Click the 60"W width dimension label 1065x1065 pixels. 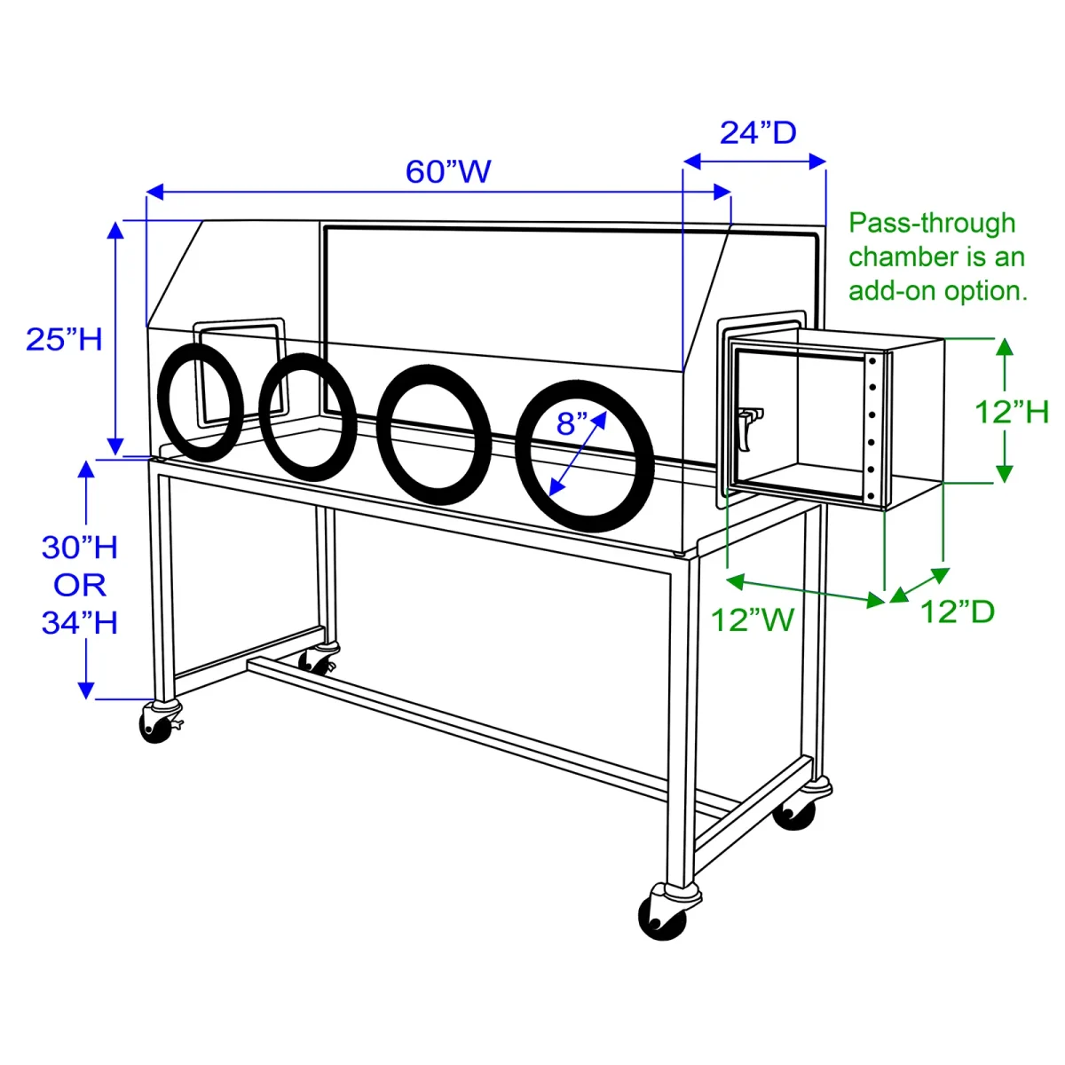(x=448, y=171)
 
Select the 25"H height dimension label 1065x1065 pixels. (x=64, y=339)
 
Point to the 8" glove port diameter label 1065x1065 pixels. (x=572, y=424)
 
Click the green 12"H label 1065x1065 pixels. (x=1012, y=412)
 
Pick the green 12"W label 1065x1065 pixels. (x=752, y=619)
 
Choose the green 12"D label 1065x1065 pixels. (x=957, y=611)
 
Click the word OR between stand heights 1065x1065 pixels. (x=80, y=585)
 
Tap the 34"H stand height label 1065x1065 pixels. (x=80, y=623)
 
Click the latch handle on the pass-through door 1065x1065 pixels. (x=748, y=426)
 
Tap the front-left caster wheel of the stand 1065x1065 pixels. (x=156, y=725)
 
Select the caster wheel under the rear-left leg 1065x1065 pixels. (x=315, y=661)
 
